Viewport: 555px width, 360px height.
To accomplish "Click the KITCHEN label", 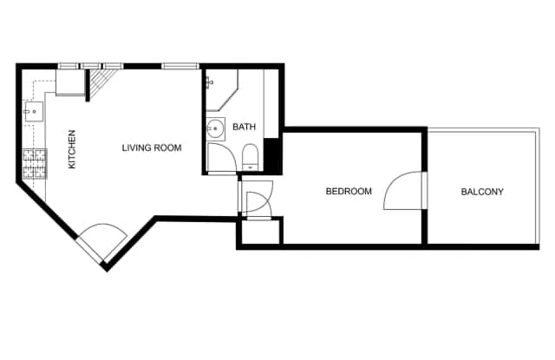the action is tap(72, 149).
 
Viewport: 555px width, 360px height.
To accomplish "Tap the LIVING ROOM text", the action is tap(152, 147).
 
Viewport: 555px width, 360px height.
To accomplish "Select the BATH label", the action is tap(244, 127).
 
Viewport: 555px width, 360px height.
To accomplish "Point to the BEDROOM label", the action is tap(349, 191).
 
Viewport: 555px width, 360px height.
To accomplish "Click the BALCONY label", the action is tap(482, 192).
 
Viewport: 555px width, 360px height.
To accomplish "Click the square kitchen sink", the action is tap(34, 112).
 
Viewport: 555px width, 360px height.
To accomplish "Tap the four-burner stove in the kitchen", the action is tap(35, 164).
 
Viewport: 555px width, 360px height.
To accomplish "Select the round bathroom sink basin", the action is tap(215, 128).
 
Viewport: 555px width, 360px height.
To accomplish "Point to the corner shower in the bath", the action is tap(222, 90).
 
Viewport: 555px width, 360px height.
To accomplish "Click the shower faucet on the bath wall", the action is tap(209, 82).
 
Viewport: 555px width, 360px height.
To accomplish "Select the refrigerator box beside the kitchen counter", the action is tap(70, 82).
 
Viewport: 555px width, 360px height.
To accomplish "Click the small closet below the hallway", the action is tap(261, 232).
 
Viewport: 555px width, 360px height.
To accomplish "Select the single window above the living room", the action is tap(180, 66).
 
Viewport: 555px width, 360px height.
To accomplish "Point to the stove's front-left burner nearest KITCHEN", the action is tap(41, 172).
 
